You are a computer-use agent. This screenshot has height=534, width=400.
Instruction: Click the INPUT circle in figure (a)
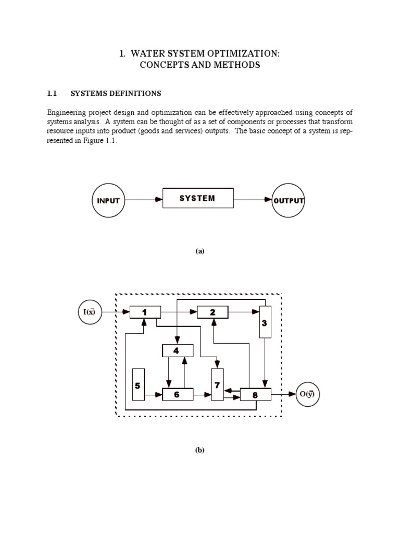pos(108,201)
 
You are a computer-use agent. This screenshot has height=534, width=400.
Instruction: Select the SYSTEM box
pos(198,199)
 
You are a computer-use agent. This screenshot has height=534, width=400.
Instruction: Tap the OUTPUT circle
pos(289,201)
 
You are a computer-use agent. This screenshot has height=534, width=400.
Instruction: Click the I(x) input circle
pos(89,312)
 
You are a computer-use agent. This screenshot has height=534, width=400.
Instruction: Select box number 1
pos(145,312)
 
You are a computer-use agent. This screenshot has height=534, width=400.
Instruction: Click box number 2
pos(213,312)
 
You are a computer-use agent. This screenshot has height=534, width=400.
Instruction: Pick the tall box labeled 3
pos(265,323)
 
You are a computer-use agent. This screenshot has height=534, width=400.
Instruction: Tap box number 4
pos(177,350)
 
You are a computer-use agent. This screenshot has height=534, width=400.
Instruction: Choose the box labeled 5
pos(138,385)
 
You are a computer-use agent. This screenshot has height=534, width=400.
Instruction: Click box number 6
pos(177,395)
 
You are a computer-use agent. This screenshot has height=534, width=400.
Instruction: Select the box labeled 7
pos(217,384)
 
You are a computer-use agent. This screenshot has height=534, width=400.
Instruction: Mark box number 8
pos(255,395)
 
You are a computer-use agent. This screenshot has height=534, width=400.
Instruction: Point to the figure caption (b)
pos(200,451)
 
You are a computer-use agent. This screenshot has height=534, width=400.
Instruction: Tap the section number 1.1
pos(52,94)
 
